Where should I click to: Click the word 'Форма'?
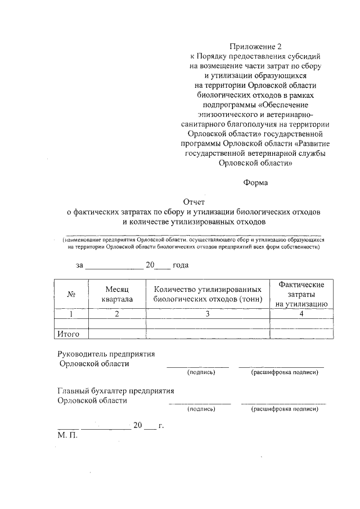(255, 182)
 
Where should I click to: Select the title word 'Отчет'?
(194, 202)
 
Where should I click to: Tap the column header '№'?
(71, 294)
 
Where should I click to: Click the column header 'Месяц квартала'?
(117, 294)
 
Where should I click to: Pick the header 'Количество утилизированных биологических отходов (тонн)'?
(208, 294)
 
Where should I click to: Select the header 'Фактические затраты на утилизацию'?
(301, 294)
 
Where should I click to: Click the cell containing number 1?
(71, 314)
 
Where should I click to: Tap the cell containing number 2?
(117, 314)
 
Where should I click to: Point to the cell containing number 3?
(208, 314)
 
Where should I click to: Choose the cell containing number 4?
(301, 314)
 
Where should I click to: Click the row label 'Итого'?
(69, 334)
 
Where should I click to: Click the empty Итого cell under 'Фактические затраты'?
(301, 334)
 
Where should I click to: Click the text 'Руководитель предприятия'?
(106, 354)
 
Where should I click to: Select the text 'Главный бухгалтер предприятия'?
(116, 391)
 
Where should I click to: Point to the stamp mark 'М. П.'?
(66, 435)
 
